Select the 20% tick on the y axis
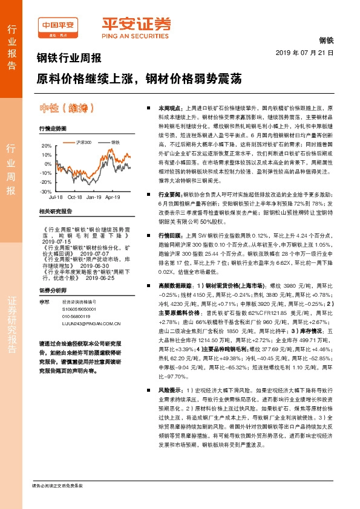pos(47,146)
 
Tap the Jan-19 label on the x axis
pos(94,197)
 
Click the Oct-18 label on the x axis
pos(75,197)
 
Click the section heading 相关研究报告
pos(55,212)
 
